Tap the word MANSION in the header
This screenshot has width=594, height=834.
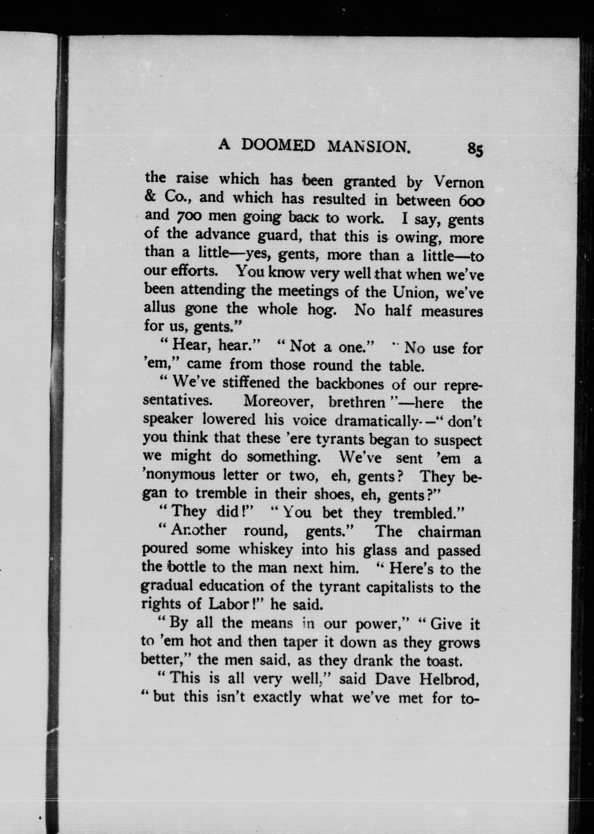[x=368, y=147]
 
